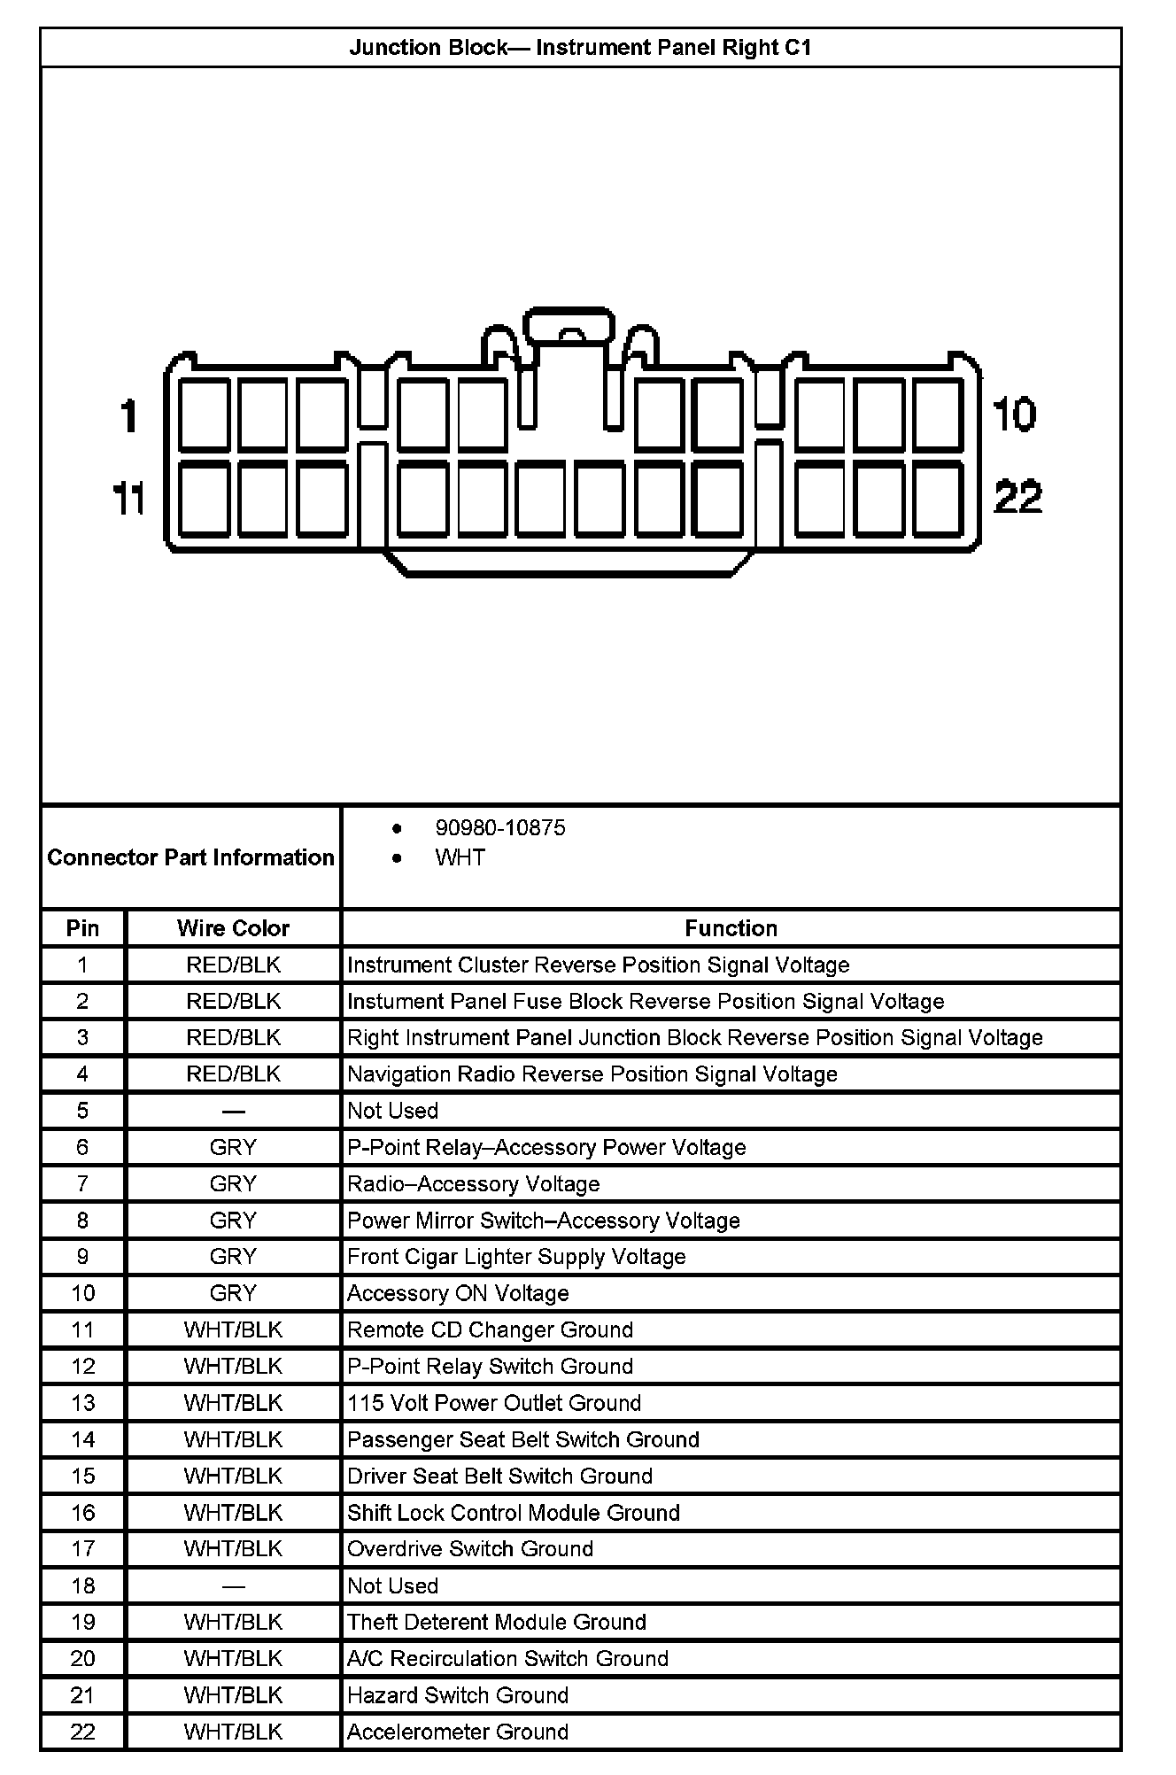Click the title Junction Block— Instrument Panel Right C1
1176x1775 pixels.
click(580, 47)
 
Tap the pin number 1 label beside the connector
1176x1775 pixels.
click(129, 415)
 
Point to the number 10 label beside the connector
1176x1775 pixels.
click(1014, 415)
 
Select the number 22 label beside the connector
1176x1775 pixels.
click(1018, 497)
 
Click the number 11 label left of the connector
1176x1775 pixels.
click(129, 500)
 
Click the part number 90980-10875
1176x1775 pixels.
click(499, 827)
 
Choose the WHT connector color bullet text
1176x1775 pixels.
click(460, 857)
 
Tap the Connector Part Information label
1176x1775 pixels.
click(190, 857)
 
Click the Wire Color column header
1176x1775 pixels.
click(233, 928)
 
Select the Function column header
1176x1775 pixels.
click(731, 928)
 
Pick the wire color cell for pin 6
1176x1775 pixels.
click(233, 1147)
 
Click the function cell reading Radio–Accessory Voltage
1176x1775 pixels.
click(473, 1183)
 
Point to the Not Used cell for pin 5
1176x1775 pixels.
click(392, 1111)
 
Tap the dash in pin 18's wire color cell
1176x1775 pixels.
click(233, 1585)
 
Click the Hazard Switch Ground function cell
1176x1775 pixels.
click(457, 1694)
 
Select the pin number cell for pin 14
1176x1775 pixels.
click(82, 1439)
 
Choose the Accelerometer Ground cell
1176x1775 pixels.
click(457, 1731)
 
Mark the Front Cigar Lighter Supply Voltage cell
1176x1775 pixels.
click(516, 1256)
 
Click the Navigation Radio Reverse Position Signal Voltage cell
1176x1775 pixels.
click(592, 1074)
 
